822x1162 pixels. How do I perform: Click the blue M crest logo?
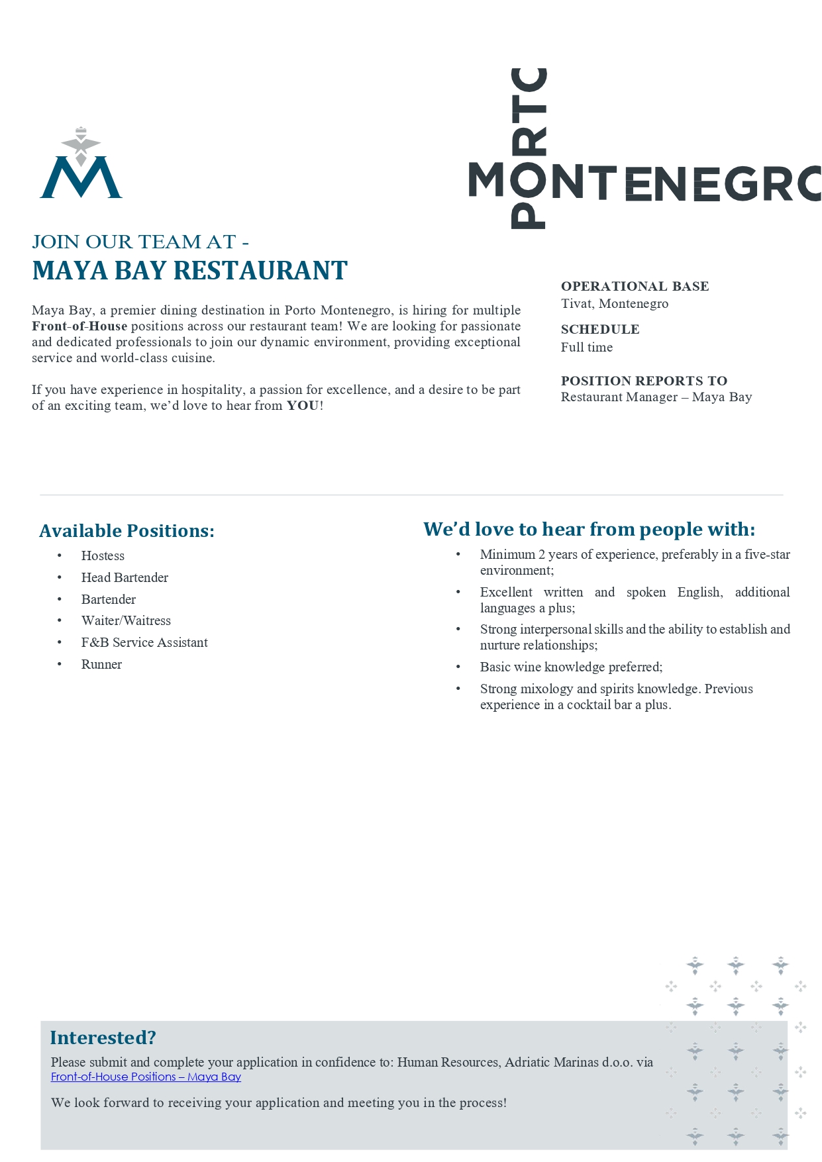[81, 166]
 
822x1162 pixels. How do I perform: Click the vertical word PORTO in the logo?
[529, 148]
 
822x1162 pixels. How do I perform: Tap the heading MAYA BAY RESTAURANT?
[189, 271]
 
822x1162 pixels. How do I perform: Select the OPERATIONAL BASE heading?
[635, 286]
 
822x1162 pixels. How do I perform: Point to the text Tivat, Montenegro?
[614, 304]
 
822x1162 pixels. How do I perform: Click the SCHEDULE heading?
[599, 329]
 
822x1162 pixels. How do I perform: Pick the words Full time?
[586, 348]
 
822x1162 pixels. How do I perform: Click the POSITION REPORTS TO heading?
[644, 381]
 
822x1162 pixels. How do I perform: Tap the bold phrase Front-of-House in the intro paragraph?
[79, 326]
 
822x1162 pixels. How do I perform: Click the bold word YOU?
[303, 406]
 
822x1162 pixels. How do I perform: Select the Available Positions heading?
[127, 531]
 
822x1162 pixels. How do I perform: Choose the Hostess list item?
[103, 556]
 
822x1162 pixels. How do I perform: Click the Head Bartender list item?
[125, 578]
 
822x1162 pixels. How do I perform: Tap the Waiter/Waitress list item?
[126, 621]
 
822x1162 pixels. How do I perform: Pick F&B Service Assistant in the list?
[144, 643]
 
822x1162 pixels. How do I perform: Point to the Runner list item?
[101, 665]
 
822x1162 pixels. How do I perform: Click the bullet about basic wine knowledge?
[571, 667]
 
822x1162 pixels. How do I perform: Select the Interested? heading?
[103, 1038]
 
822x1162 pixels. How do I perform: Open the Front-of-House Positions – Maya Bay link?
[146, 1077]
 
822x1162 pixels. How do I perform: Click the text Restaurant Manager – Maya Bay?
[656, 397]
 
